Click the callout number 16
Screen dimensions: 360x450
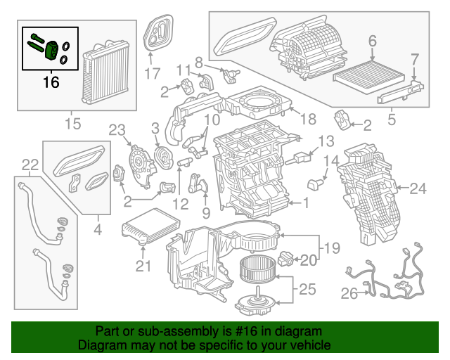tap(51, 82)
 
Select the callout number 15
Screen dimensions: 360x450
tap(73, 124)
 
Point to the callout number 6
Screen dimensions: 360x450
tap(372, 41)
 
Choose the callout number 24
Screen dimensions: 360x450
tap(418, 188)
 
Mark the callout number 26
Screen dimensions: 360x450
tap(349, 294)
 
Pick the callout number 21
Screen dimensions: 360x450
tap(143, 265)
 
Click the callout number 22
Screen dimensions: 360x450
tap(30, 165)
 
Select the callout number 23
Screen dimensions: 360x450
tap(116, 129)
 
